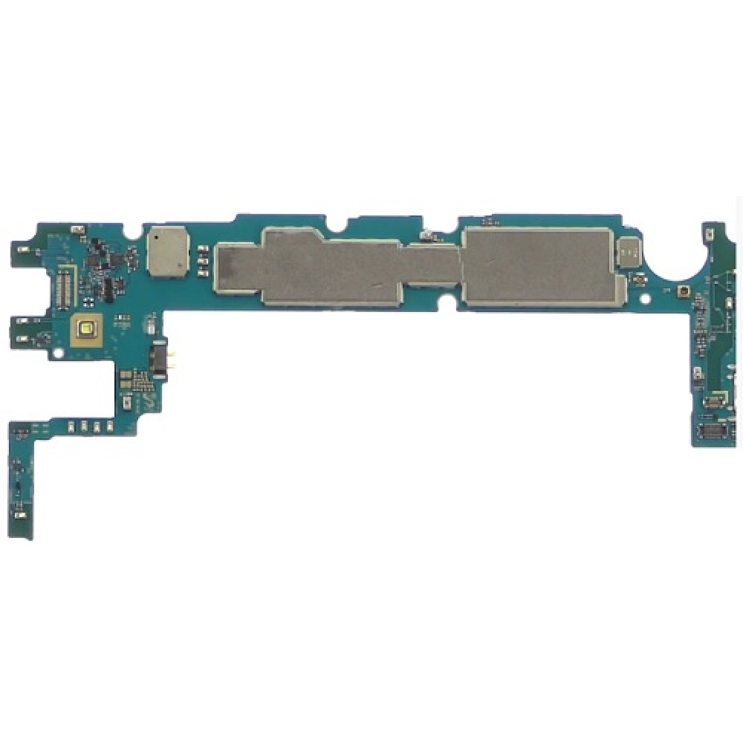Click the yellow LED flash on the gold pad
(88, 327)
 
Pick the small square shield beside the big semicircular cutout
(629, 253)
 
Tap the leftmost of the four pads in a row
(71, 426)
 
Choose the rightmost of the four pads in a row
(109, 426)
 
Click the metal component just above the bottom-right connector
(712, 403)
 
